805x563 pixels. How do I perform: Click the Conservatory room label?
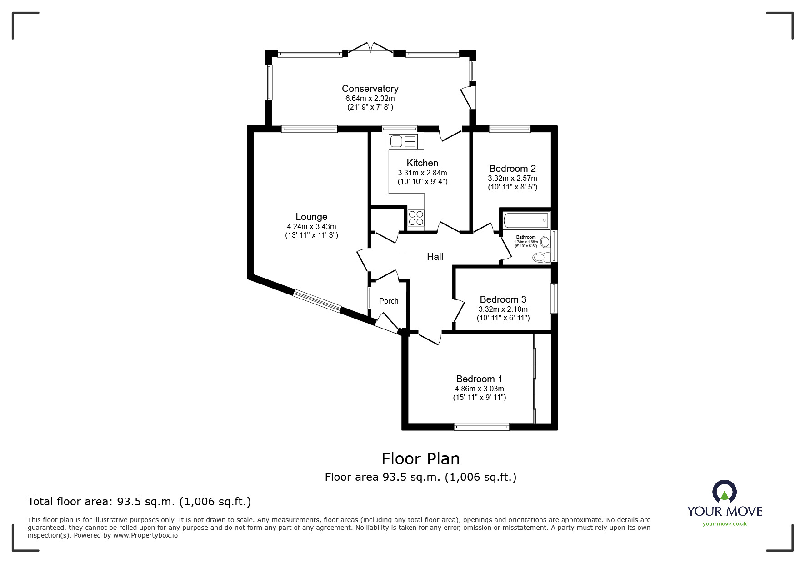point(370,89)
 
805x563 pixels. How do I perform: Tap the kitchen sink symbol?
point(403,141)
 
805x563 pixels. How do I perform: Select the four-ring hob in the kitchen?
point(416,218)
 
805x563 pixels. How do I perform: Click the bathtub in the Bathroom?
point(526,220)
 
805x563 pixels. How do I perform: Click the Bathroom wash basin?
point(545,241)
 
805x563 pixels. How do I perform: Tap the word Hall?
point(435,257)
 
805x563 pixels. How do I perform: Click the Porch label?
point(389,301)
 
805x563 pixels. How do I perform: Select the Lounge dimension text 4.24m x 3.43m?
point(311,226)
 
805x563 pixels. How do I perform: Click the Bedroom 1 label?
point(479,379)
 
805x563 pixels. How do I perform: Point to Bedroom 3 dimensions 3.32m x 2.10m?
point(503,309)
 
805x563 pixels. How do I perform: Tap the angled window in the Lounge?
point(317,301)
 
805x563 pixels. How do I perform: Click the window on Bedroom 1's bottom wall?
point(481,426)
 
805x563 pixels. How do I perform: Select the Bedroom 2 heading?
point(512,169)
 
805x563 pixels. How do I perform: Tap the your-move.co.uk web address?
point(725,524)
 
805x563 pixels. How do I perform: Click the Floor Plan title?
point(420,459)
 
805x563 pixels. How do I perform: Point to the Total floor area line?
point(139,502)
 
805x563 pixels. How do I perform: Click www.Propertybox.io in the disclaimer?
point(145,535)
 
